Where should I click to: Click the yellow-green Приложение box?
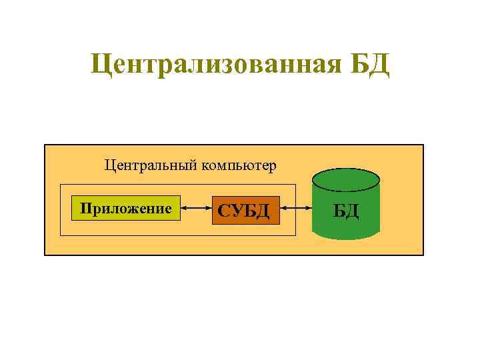click(126, 209)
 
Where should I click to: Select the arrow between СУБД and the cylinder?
click(295, 210)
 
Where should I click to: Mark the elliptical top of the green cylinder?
click(345, 179)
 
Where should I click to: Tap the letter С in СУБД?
click(223, 211)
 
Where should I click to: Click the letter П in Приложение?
click(85, 208)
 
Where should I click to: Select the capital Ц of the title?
click(100, 65)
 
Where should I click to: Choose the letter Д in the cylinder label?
click(353, 211)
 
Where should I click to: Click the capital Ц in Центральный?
click(109, 165)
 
